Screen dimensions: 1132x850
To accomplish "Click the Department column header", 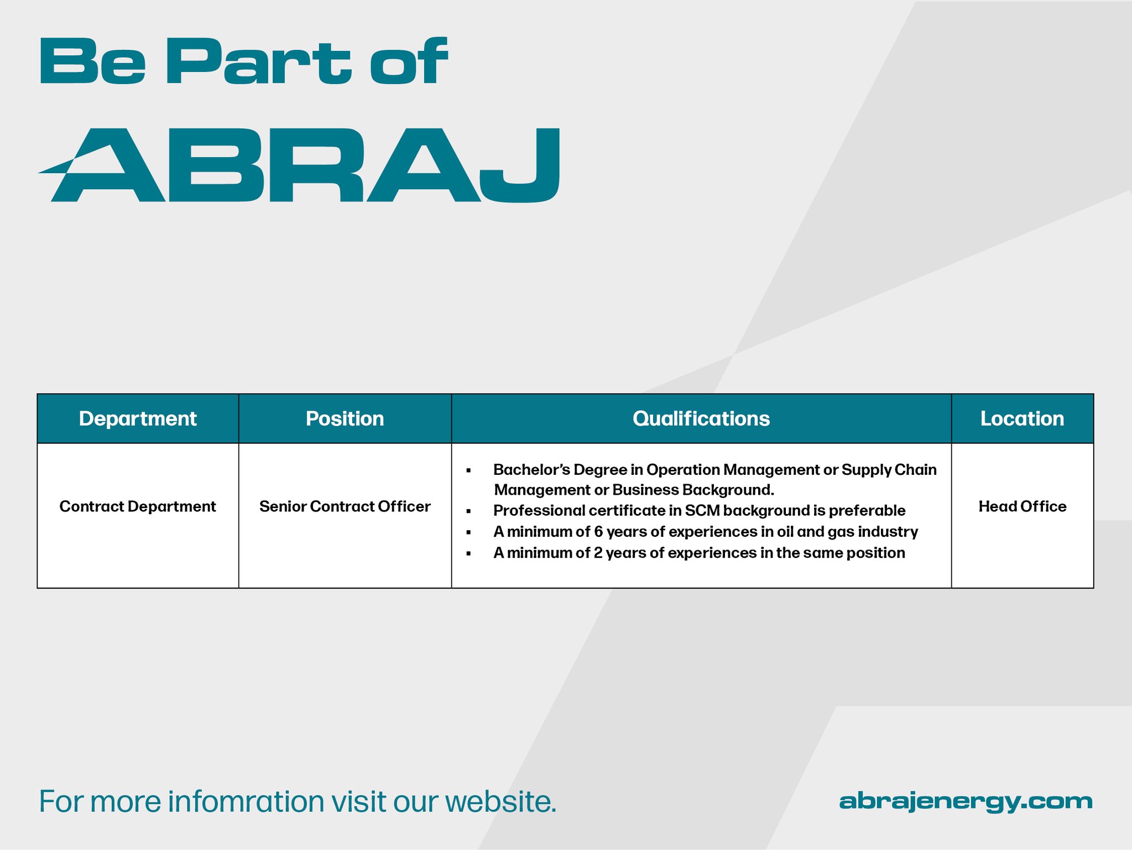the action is pyautogui.click(x=138, y=419).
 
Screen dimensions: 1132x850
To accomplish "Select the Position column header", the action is pyautogui.click(x=345, y=419).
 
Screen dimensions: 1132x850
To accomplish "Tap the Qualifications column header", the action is pyautogui.click(x=701, y=419).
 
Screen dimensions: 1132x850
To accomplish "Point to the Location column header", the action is pyautogui.click(x=1022, y=419).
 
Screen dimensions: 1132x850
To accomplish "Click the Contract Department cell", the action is pyautogui.click(x=138, y=506).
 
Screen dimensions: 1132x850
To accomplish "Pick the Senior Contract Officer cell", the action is pyautogui.click(x=345, y=506).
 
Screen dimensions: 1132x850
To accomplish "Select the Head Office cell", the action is pyautogui.click(x=1023, y=506).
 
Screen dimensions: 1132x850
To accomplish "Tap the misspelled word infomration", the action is pyautogui.click(x=246, y=801).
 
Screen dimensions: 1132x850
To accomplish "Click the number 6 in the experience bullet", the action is pyautogui.click(x=598, y=532).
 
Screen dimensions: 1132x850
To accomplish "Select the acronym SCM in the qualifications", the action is pyautogui.click(x=702, y=511).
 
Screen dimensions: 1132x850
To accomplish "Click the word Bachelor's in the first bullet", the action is pyautogui.click(x=531, y=470).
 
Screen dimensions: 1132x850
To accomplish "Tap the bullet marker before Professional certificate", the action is pyautogui.click(x=468, y=511).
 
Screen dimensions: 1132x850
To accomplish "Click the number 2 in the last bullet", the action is pyautogui.click(x=598, y=553).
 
